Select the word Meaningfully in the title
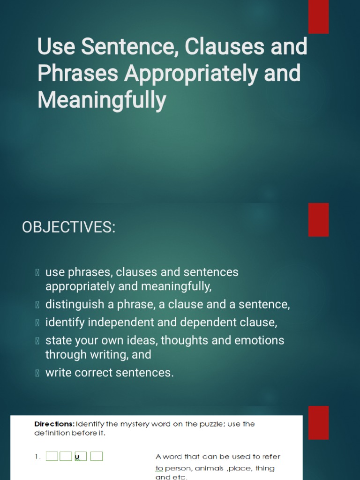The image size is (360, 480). (102, 100)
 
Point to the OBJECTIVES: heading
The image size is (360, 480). (68, 227)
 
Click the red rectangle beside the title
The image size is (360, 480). (318, 17)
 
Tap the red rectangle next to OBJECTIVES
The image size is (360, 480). (318, 219)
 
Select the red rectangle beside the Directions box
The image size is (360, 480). (318, 422)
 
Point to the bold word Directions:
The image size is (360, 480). (54, 424)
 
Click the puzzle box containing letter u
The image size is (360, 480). (81, 457)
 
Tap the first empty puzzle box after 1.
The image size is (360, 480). (52, 457)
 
